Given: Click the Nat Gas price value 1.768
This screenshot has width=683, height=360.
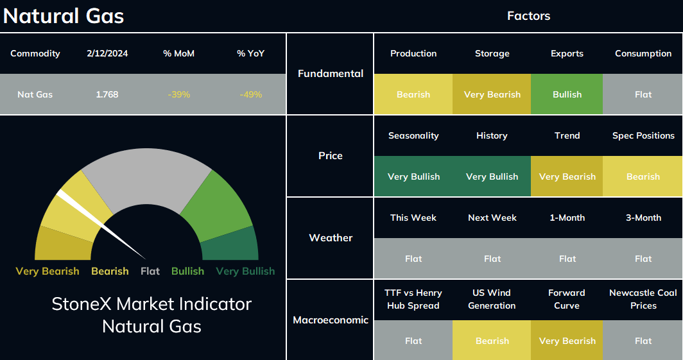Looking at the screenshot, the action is point(107,94).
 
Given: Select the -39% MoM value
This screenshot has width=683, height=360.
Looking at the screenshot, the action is point(179,94).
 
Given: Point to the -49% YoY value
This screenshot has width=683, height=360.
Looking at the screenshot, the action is point(251,94).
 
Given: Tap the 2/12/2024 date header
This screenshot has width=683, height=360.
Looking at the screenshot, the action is point(107,53).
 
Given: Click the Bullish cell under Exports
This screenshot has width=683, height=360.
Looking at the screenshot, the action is point(567,94).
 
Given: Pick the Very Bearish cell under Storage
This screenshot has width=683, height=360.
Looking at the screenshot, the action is point(492,94).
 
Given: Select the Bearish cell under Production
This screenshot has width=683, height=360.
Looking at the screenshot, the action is point(413,94).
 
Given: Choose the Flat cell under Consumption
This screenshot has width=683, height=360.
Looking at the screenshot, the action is point(643,94).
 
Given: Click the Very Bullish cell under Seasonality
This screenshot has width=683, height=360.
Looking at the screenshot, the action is point(413,176).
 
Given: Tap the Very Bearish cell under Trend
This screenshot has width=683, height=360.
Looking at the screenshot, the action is point(567,176).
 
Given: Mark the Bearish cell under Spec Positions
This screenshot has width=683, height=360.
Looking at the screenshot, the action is point(643,176).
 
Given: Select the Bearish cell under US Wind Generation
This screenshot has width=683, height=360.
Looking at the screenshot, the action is point(492,340).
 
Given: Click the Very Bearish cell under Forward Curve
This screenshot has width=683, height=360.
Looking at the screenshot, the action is point(567,340).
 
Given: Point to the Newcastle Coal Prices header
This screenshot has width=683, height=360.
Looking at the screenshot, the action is point(643,299).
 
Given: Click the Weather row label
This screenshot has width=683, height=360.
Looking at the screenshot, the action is point(331,237).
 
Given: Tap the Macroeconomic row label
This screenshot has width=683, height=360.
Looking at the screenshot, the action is point(331,320).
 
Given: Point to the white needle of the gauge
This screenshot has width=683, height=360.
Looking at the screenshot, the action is point(101,225).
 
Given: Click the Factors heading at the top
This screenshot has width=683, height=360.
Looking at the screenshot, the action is point(528,16).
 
